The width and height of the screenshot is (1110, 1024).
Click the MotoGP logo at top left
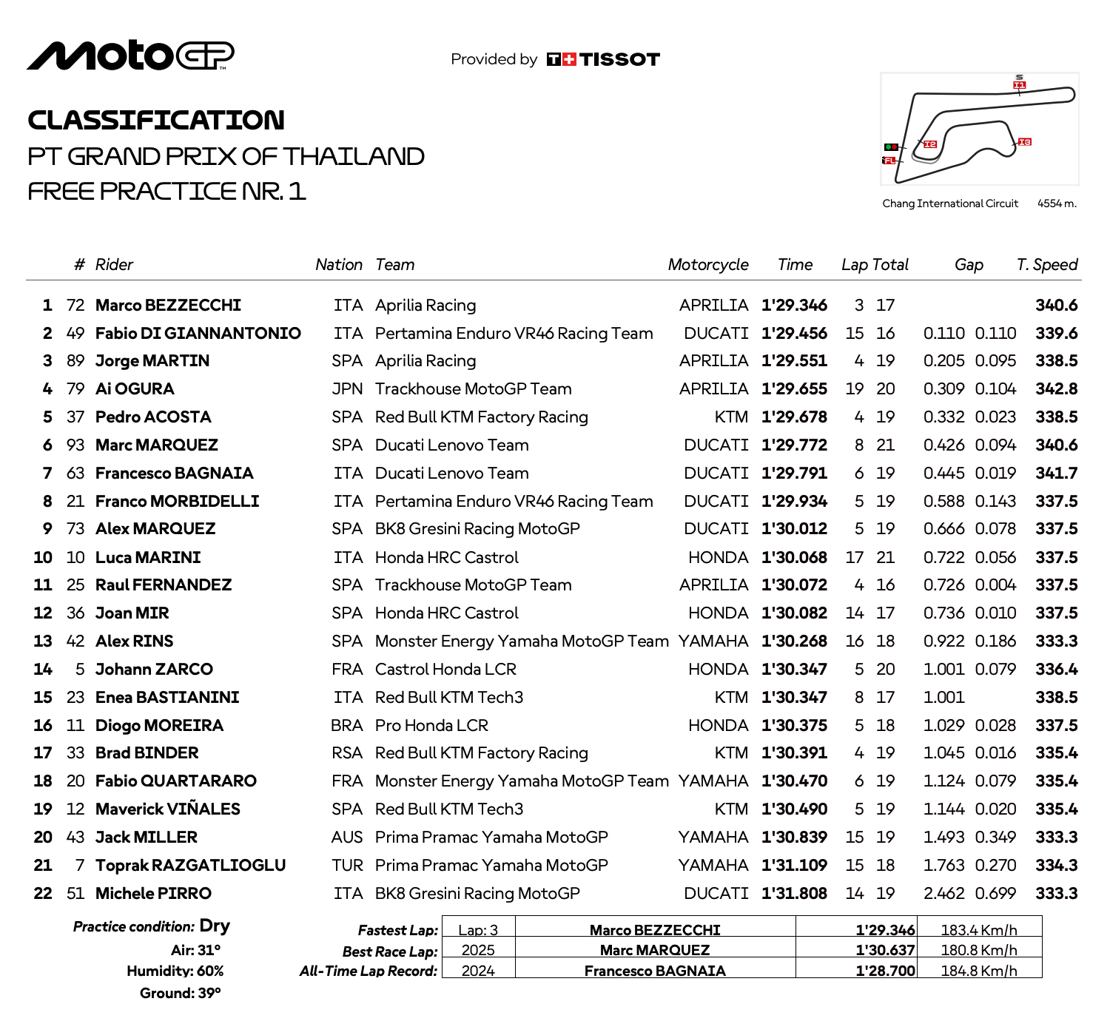130,56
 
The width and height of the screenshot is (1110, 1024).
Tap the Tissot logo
603,59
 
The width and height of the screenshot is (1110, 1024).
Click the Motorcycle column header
707,265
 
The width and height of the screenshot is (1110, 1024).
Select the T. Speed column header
1046,265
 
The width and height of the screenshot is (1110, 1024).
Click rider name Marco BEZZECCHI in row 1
168,306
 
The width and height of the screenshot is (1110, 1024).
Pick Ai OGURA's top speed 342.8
1056,389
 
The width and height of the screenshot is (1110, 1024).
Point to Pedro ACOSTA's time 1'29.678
794,417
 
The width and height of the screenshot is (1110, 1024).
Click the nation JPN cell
347,389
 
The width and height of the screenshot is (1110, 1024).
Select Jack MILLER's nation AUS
347,838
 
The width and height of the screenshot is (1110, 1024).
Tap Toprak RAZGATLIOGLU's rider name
190,866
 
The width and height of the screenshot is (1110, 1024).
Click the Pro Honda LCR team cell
431,726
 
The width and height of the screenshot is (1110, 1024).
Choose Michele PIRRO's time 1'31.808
794,894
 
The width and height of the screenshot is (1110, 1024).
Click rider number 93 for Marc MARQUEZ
75,445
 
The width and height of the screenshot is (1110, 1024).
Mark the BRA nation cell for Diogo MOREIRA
347,726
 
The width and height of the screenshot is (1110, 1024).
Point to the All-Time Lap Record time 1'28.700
885,971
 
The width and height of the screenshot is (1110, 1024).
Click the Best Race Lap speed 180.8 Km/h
978,950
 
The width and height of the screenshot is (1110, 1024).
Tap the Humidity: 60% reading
175,971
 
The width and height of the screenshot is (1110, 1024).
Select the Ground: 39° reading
181,993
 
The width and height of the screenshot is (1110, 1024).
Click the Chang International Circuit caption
950,203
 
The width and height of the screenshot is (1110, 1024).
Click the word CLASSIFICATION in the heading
156,121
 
